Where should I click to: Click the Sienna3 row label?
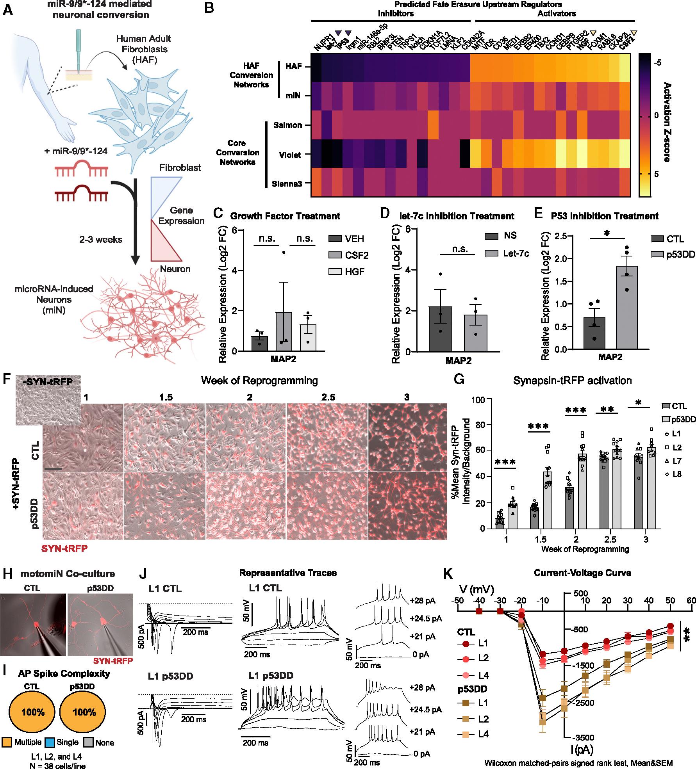pyautogui.click(x=287, y=183)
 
